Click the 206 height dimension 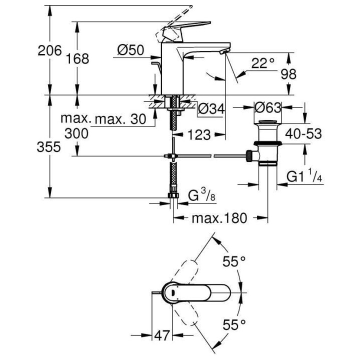(49, 51)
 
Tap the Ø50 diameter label (131, 50)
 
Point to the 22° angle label (263, 63)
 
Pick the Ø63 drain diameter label (268, 107)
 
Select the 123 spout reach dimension (198, 135)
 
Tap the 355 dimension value (49, 147)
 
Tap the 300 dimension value (77, 133)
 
